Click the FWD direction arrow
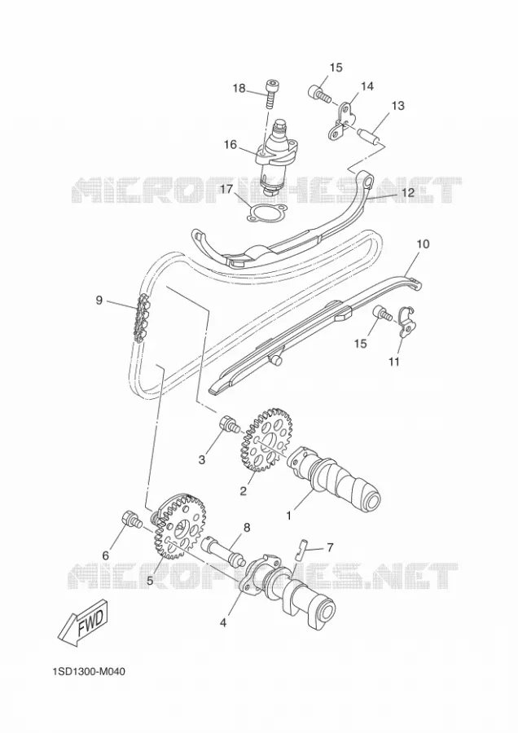click(84, 623)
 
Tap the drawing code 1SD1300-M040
click(89, 672)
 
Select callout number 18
click(239, 88)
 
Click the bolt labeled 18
click(270, 94)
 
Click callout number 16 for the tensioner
click(230, 144)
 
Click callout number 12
click(408, 192)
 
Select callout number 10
click(423, 244)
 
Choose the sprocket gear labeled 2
click(266, 440)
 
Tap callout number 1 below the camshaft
click(289, 516)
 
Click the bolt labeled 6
click(131, 520)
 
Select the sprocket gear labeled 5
click(179, 527)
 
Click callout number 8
click(247, 528)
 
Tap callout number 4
click(223, 623)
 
